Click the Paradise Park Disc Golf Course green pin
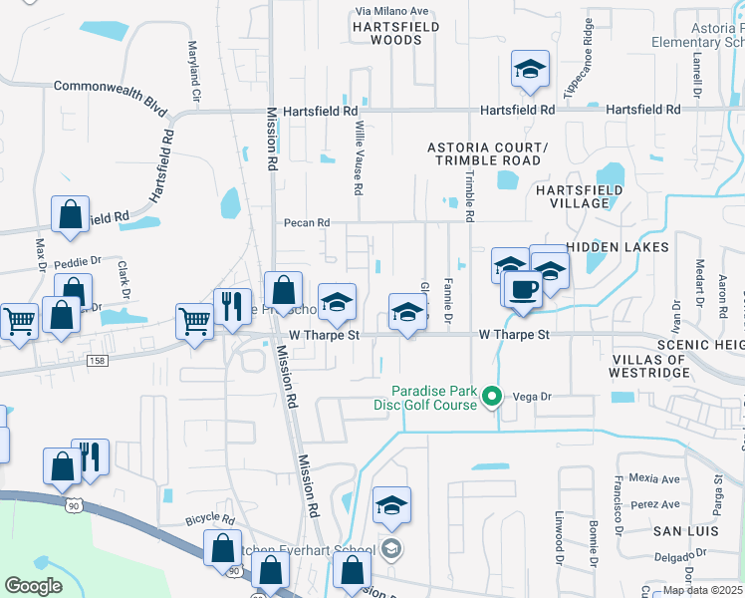491,398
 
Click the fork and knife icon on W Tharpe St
232,306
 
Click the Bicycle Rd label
209,520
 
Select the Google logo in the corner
33,585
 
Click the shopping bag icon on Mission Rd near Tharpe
284,290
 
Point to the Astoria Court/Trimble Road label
484,153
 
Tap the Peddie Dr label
78,261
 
